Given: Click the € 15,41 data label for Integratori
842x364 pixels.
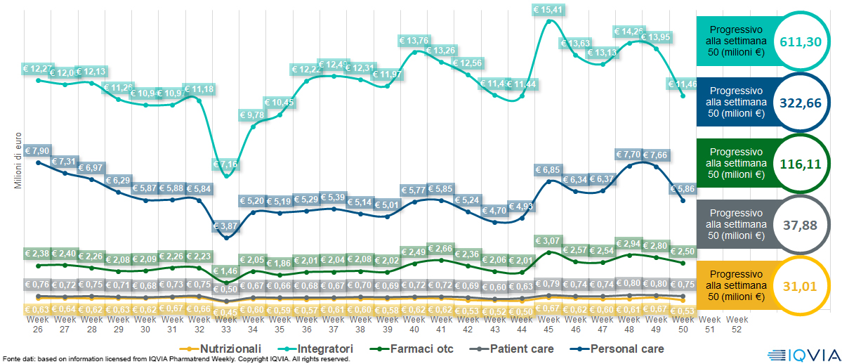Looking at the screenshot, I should pos(549,10).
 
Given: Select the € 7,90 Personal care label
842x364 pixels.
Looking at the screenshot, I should pos(37,151).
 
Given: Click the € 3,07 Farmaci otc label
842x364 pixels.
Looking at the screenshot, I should pos(549,240).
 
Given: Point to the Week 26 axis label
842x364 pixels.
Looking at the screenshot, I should pos(37,323).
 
